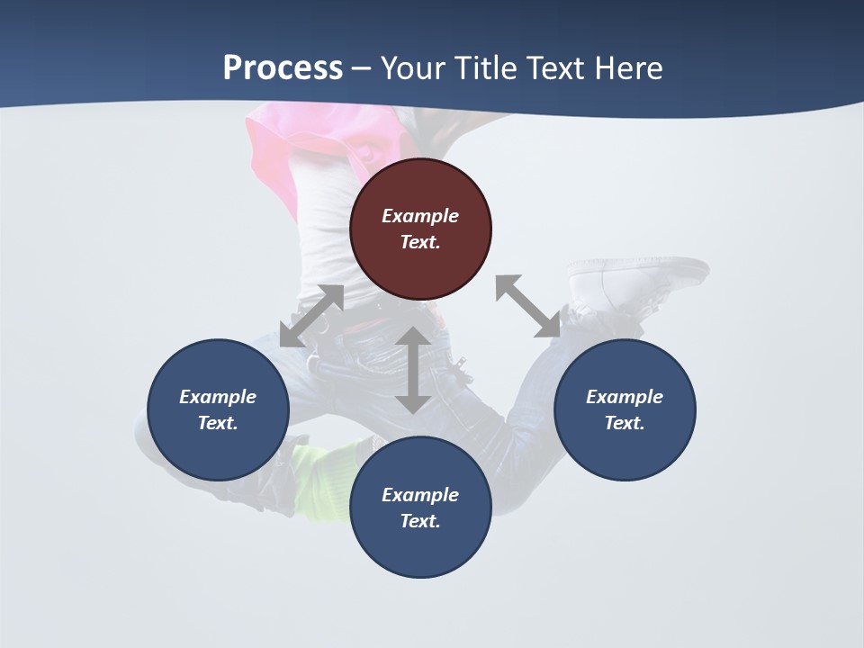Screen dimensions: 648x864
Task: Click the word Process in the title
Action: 283,68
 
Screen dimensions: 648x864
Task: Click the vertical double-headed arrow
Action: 413,370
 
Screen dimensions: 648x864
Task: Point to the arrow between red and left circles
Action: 311,316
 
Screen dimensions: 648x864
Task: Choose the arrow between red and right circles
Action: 528,306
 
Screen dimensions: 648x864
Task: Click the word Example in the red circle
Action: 420,216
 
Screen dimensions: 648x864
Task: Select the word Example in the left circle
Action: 218,397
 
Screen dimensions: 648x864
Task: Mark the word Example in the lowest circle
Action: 420,495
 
